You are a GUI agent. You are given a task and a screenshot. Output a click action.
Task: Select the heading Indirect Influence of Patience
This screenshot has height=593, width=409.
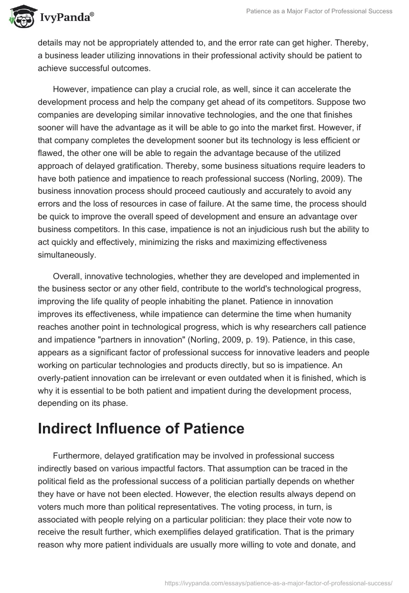pyautogui.click(x=141, y=429)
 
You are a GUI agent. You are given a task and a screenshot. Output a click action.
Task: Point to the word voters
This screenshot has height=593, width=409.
pyautogui.click(x=50, y=508)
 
